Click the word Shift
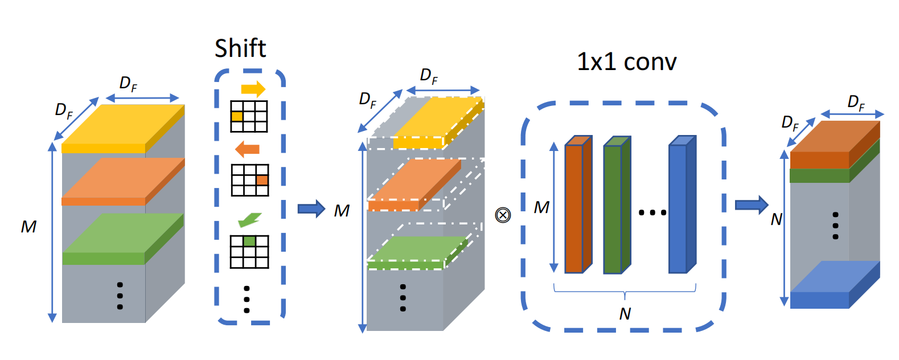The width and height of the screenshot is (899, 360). [x=240, y=48]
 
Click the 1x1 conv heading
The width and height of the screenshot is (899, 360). [x=626, y=62]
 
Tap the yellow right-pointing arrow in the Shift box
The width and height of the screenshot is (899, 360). [x=253, y=89]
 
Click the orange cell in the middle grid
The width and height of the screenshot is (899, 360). [x=262, y=180]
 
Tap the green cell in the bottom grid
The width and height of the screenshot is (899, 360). [x=249, y=242]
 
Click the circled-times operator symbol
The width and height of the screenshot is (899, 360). [x=503, y=215]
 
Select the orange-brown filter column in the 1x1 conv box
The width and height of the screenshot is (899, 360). [x=574, y=208]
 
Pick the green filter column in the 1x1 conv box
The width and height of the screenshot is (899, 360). [x=613, y=208]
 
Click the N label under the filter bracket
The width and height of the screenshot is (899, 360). [x=625, y=314]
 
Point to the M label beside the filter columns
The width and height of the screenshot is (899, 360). [x=541, y=208]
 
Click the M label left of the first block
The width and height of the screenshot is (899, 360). [x=28, y=227]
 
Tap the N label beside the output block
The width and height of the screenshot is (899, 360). [x=776, y=219]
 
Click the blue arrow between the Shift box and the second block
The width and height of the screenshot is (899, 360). [x=311, y=209]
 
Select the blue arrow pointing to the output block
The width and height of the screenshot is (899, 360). [x=751, y=204]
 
